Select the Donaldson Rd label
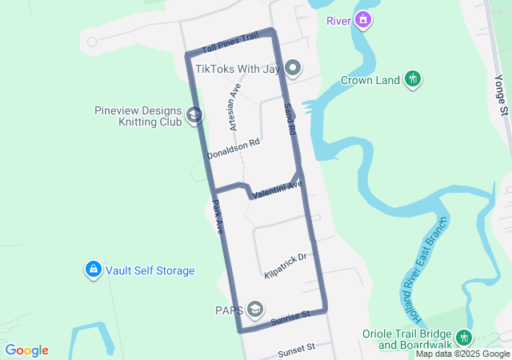point(234,148)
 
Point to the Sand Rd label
point(290,118)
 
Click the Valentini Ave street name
point(276,190)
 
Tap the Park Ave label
point(218,216)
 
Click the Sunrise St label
point(289,319)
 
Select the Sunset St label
point(297,349)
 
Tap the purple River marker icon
point(363,19)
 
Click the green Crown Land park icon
point(413,78)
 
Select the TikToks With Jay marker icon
point(293,69)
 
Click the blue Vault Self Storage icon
point(94,270)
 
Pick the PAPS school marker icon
point(255,309)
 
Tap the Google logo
point(26,350)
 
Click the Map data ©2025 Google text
point(462,354)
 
